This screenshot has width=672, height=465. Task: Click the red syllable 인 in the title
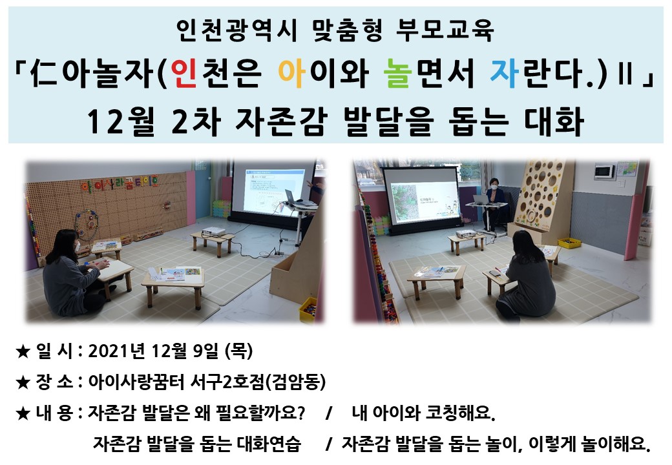point(184,73)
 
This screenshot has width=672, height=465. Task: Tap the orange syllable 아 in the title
point(292,73)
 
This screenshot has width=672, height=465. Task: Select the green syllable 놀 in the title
point(397,73)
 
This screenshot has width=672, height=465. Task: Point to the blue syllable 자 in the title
point(504,73)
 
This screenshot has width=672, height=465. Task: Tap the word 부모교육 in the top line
point(445,30)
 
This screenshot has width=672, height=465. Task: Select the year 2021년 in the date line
point(116,351)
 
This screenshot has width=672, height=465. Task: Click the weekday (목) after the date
point(238,351)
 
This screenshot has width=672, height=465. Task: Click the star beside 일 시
point(23,352)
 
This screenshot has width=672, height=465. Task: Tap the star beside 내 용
point(23,413)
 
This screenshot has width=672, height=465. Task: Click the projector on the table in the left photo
point(213,232)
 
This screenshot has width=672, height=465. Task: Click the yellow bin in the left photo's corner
point(308,309)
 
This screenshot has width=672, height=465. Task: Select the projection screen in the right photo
point(422,197)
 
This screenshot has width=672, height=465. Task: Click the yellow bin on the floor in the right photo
point(569,242)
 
